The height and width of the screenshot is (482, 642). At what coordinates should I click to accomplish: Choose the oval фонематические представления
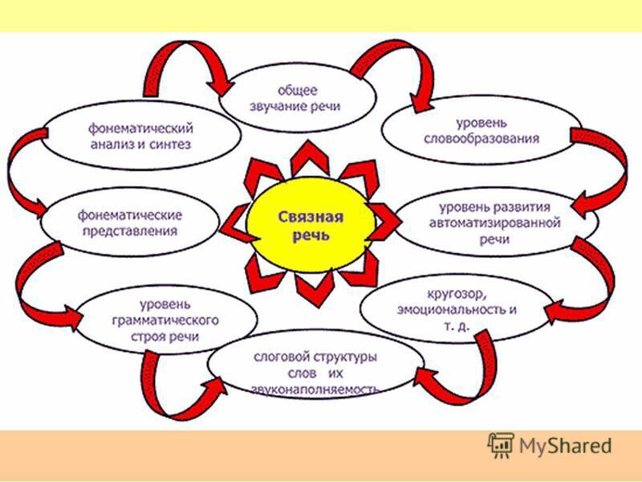128,222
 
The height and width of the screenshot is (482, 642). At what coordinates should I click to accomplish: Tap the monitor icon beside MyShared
500,443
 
